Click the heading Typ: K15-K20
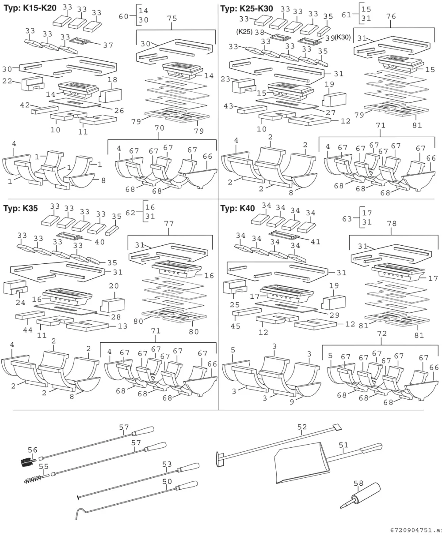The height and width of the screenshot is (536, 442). [30, 8]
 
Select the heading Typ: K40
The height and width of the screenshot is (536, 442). [237, 208]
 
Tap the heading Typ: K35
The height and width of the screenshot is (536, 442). [20, 208]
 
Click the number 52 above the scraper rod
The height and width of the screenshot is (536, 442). [302, 427]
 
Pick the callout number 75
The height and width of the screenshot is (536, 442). [172, 18]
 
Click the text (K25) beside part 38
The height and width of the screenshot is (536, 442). [244, 32]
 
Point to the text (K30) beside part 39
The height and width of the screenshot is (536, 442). [343, 37]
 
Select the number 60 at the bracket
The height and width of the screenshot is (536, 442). [124, 16]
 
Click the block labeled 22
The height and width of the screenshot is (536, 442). [33, 83]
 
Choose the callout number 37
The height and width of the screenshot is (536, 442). [108, 45]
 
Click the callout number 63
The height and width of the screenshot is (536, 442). [347, 219]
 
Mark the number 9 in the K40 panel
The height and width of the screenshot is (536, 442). [292, 402]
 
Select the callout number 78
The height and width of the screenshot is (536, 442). [392, 223]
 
